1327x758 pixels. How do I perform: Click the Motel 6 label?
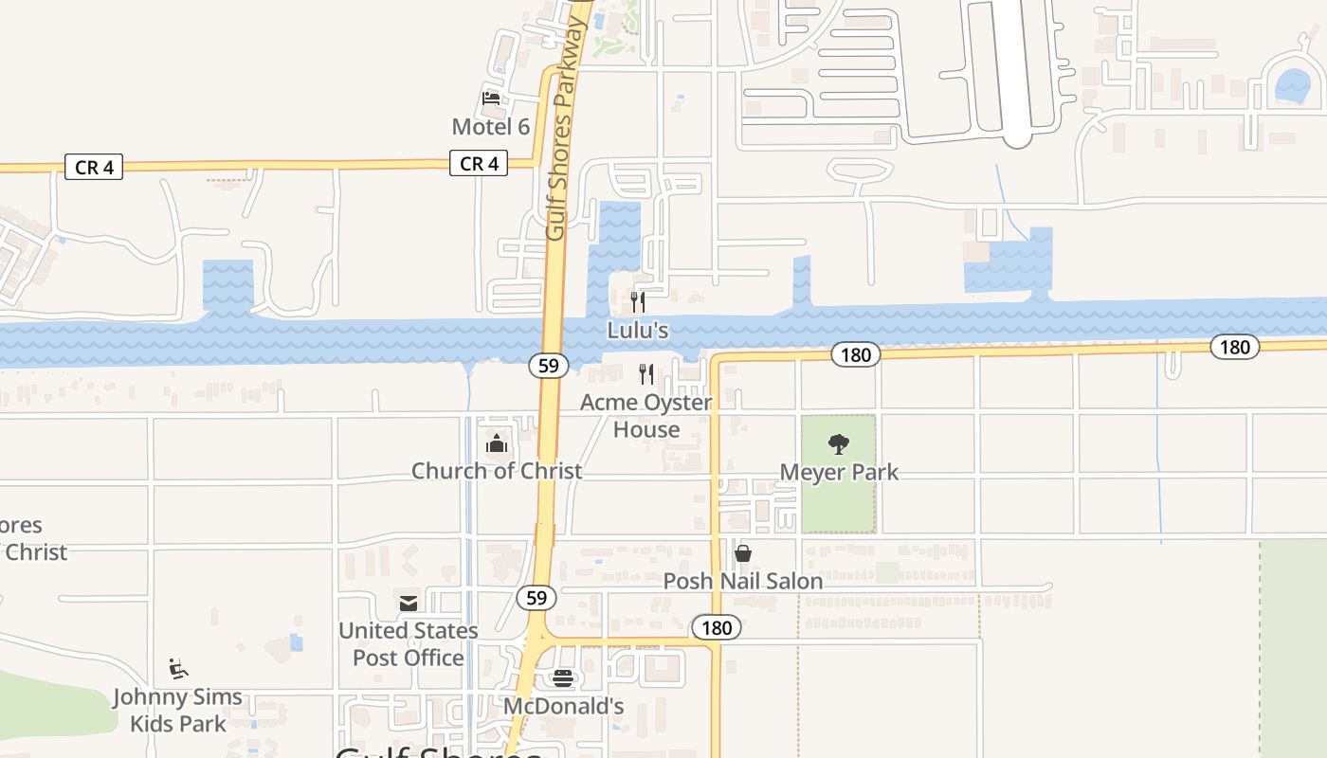coord(490,127)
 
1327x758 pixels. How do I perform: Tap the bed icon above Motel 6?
coord(491,97)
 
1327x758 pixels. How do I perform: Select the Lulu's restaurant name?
coord(638,331)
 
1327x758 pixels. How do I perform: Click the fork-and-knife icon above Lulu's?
coord(638,302)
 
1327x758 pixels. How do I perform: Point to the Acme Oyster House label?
coord(646,416)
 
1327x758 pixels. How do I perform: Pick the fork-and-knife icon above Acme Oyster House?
coord(646,374)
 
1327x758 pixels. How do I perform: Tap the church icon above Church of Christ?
coord(497,442)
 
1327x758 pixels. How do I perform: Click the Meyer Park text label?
coord(839,472)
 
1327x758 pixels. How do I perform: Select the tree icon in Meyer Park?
coord(839,443)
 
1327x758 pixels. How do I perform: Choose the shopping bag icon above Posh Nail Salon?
coord(743,552)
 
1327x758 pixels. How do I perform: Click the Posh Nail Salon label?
coord(743,581)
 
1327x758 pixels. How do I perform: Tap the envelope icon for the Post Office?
coord(409,603)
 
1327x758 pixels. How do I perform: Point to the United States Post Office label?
coord(409,643)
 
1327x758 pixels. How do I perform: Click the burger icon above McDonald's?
coord(563,678)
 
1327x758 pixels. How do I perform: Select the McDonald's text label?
coord(563,707)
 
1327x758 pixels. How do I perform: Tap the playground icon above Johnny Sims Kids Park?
coord(177,669)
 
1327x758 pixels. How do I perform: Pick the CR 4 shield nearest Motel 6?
coord(479,164)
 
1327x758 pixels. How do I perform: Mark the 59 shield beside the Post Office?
coord(536,598)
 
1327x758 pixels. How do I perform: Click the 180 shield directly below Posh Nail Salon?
coord(717,627)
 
